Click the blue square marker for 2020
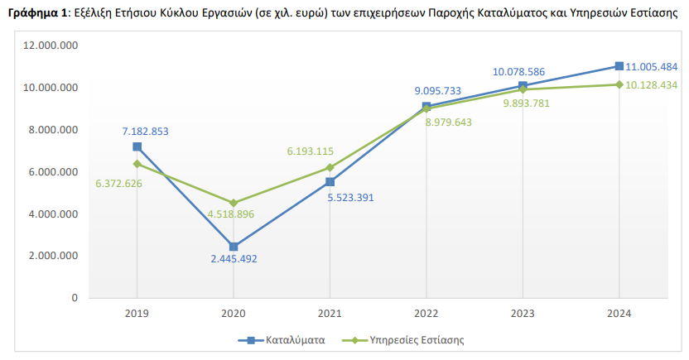[234, 247]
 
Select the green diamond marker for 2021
[330, 167]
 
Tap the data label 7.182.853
[145, 132]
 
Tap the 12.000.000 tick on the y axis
[51, 46]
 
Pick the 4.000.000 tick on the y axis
[51, 214]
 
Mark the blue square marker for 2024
[619, 66]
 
